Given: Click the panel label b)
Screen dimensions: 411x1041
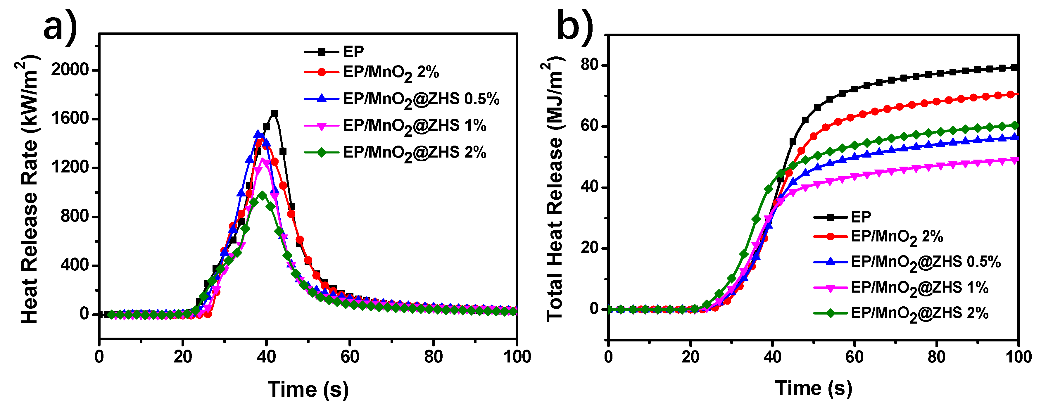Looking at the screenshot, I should [x=575, y=25].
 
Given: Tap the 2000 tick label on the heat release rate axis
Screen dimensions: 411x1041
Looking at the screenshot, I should [x=70, y=70].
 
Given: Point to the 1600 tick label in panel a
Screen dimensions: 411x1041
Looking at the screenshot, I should [x=70, y=118].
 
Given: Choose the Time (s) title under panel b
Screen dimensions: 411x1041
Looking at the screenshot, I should [x=814, y=388].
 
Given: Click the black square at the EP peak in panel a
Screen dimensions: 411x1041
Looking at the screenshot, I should [x=275, y=113].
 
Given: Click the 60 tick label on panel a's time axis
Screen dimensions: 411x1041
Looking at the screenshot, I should [x=350, y=357].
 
